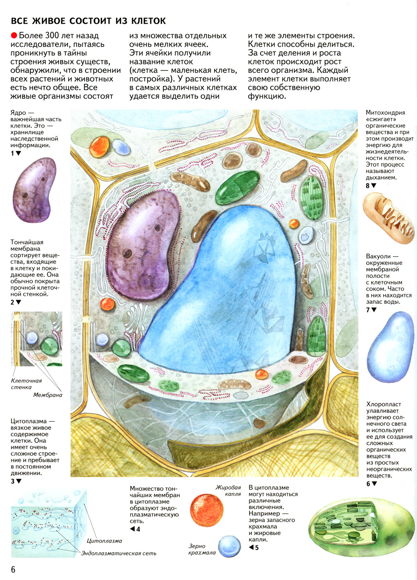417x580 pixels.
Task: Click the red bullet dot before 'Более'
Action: point(14,35)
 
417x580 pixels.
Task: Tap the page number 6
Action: point(13,569)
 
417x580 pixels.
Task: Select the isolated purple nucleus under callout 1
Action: point(34,190)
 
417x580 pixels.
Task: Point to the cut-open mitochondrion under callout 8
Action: point(389,218)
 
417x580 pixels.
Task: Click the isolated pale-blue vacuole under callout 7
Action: point(390,347)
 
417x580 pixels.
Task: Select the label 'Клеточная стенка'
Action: point(26,384)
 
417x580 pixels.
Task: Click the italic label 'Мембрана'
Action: point(48,395)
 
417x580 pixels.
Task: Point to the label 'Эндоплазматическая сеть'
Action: point(118,553)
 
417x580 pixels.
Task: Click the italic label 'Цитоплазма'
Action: point(104,541)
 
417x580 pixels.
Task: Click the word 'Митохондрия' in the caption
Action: point(385,113)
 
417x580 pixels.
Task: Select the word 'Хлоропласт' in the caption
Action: point(384,404)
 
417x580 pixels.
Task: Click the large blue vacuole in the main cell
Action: point(220,292)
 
